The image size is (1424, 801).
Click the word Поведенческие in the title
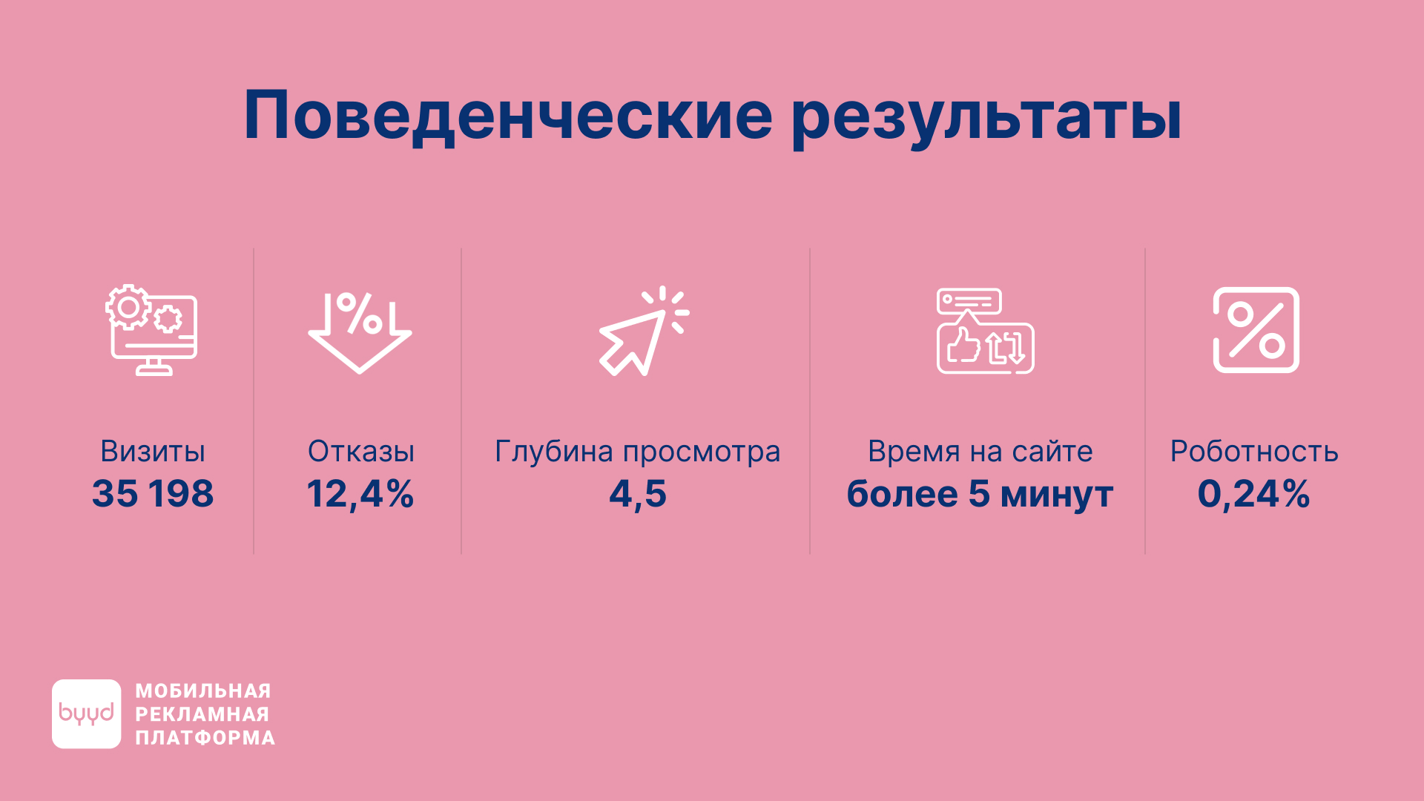point(509,116)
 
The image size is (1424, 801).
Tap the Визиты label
point(153,452)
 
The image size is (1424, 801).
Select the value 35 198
point(153,494)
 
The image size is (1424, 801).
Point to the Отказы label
point(361,452)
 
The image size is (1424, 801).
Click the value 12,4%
point(360,495)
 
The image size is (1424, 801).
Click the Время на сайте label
point(980,452)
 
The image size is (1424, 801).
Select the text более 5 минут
point(980,494)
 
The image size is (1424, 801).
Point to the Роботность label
point(1254,452)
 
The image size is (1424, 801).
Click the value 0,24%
point(1254,495)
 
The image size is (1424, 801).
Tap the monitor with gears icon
point(152,330)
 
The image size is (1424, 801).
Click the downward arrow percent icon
point(360,332)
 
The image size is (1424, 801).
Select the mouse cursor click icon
point(644,331)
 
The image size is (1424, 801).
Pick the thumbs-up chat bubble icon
point(986,331)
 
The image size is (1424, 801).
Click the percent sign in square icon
point(1256,330)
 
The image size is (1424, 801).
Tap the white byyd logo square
point(87,713)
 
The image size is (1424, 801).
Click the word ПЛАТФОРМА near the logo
point(205,738)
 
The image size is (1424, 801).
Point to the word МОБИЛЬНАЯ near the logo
point(203,691)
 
